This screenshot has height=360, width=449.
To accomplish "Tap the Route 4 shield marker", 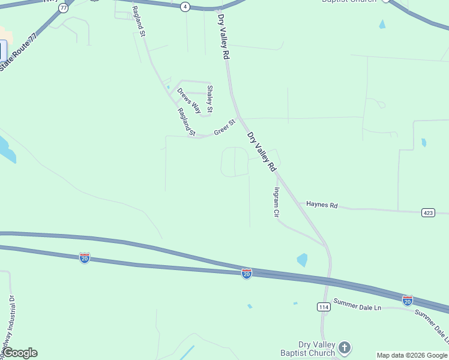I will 185,7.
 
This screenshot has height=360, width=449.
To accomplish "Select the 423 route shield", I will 428,212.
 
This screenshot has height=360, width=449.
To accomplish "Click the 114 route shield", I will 324,307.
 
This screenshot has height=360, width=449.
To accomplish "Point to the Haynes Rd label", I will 322,205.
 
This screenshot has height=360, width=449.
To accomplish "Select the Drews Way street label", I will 188,100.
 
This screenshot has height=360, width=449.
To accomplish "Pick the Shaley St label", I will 209,99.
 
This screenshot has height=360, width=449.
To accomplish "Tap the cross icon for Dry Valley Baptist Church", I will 345,347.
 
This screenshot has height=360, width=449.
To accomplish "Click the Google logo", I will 20,353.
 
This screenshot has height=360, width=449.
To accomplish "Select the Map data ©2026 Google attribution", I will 412,355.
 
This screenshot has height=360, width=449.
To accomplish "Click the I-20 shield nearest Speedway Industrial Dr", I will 85,258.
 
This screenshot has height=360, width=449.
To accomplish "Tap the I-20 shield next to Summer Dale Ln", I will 408,300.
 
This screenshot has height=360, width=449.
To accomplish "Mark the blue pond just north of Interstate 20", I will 302,260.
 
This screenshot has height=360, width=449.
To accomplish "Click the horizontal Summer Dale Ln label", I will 357,304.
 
